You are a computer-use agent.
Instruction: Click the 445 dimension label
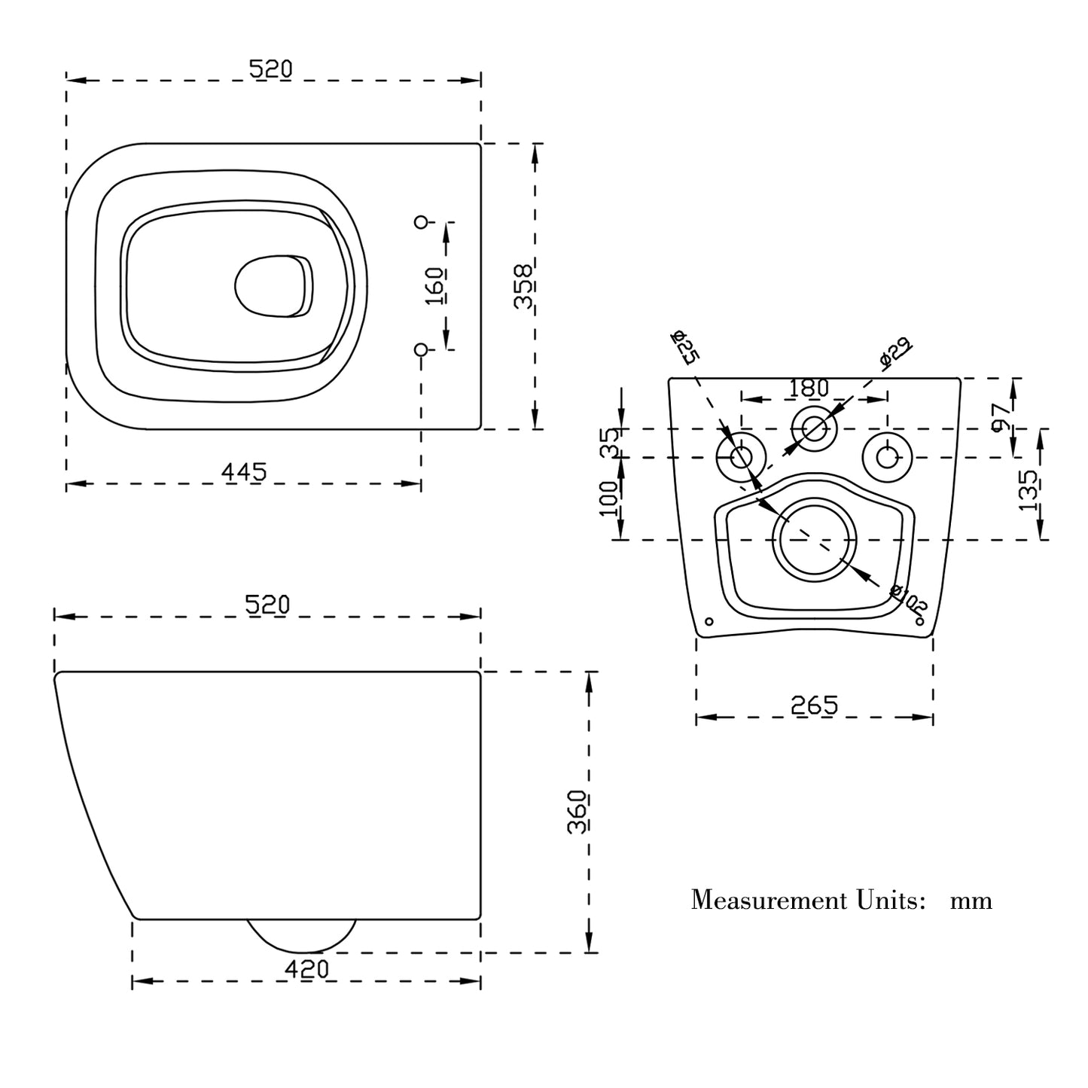(244, 472)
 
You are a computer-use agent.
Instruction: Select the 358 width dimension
(523, 285)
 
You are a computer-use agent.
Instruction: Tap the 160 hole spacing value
(434, 285)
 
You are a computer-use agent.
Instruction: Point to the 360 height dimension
(578, 811)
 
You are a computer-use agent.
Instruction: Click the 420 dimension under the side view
(306, 969)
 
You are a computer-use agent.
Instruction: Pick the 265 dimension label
(814, 706)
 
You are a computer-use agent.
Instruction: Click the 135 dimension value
(1029, 491)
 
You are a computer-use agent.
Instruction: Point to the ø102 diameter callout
(908, 598)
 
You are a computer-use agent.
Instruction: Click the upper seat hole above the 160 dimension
(422, 221)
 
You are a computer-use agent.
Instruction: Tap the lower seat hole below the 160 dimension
(422, 349)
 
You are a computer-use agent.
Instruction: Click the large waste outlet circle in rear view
(815, 540)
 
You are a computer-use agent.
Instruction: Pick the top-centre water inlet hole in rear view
(814, 429)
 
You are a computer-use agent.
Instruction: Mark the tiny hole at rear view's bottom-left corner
(708, 622)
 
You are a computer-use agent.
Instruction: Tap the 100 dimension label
(609, 498)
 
